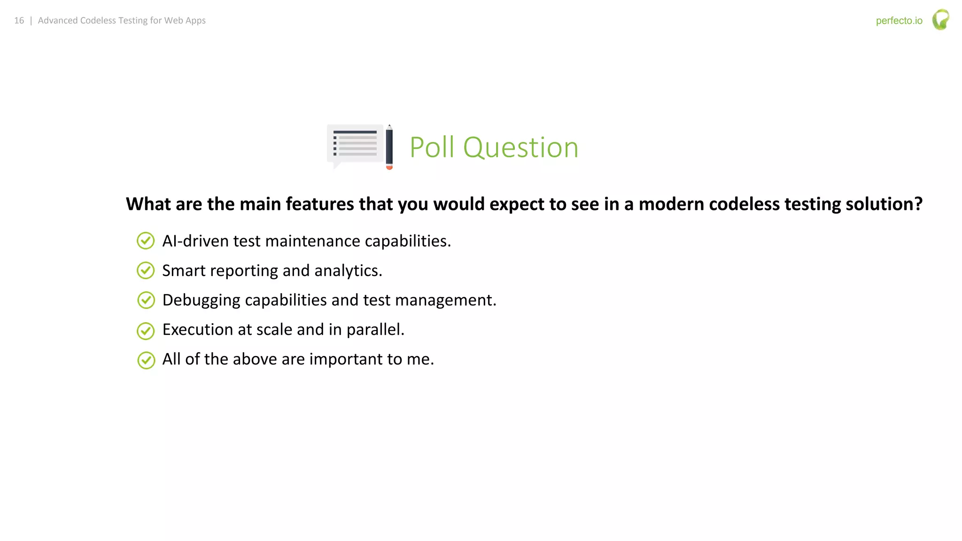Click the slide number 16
point(19,21)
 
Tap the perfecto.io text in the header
point(899,21)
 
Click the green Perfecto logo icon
point(940,20)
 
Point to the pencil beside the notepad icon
point(389,147)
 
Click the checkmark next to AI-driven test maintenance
point(146,241)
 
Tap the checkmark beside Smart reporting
point(146,270)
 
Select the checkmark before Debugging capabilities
point(146,300)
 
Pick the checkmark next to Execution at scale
point(146,331)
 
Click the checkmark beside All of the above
point(146,360)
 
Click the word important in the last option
point(346,359)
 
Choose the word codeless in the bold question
point(744,204)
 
